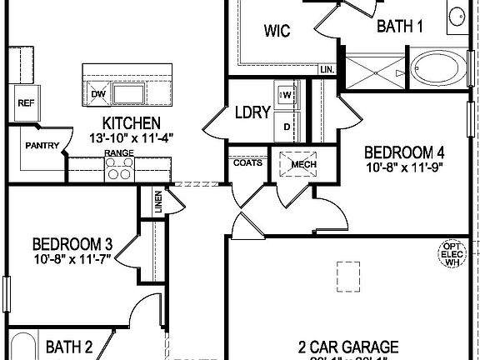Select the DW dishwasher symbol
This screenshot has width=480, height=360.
click(x=97, y=92)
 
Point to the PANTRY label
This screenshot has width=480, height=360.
click(x=42, y=145)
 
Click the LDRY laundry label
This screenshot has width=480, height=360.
click(x=252, y=112)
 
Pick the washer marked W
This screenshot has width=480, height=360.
click(x=287, y=95)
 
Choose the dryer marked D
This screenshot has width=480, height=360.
click(x=287, y=127)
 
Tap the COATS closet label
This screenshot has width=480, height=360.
click(x=248, y=162)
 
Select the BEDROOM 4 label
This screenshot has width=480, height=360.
click(x=404, y=152)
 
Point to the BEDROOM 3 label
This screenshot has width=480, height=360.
click(x=72, y=244)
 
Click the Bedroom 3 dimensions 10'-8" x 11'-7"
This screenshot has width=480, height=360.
click(x=72, y=259)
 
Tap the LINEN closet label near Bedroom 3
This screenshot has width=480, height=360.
click(x=157, y=202)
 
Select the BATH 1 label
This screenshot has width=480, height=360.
click(x=400, y=27)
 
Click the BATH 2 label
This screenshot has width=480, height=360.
click(x=68, y=346)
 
